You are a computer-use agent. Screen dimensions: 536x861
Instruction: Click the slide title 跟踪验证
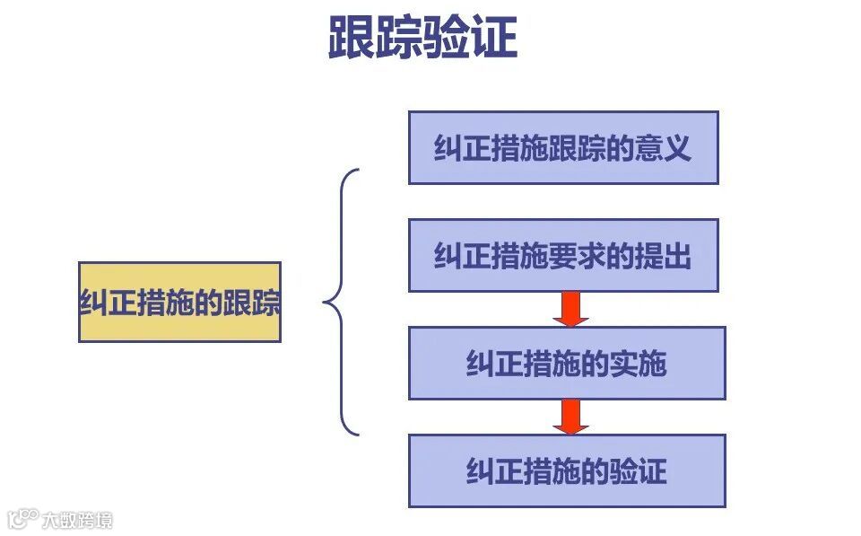(x=422, y=38)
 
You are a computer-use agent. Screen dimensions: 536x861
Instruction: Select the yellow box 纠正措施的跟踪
(x=179, y=302)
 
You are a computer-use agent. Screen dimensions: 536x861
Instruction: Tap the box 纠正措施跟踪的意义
(x=563, y=147)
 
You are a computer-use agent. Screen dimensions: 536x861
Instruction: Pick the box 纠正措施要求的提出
(x=563, y=256)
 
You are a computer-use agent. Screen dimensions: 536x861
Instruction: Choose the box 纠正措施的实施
(x=567, y=363)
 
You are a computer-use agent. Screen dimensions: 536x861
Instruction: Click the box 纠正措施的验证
(x=567, y=470)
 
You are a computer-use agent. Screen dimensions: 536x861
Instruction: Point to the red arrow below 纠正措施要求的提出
(x=570, y=309)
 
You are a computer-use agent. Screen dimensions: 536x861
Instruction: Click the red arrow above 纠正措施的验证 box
(x=570, y=417)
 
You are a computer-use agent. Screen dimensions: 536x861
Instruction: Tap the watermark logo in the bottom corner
(x=59, y=519)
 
